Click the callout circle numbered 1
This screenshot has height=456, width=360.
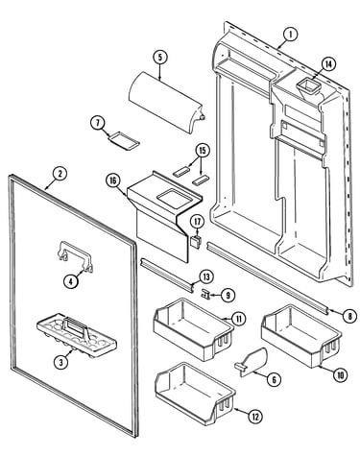[x=290, y=35]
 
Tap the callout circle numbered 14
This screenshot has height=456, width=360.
[x=328, y=64]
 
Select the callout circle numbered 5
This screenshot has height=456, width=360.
[x=160, y=58]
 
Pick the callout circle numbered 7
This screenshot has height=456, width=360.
[x=97, y=123]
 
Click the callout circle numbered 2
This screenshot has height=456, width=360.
[x=60, y=174]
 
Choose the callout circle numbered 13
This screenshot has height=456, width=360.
[x=206, y=276]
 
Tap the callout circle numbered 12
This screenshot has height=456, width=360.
[x=254, y=417]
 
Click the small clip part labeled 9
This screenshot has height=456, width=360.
[x=205, y=294]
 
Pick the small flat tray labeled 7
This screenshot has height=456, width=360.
[x=124, y=141]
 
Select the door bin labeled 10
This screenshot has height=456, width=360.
[x=301, y=335]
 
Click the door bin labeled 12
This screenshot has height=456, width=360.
[x=195, y=394]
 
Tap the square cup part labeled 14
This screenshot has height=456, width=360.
[x=309, y=87]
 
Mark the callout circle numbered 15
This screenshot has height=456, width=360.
[x=203, y=151]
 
